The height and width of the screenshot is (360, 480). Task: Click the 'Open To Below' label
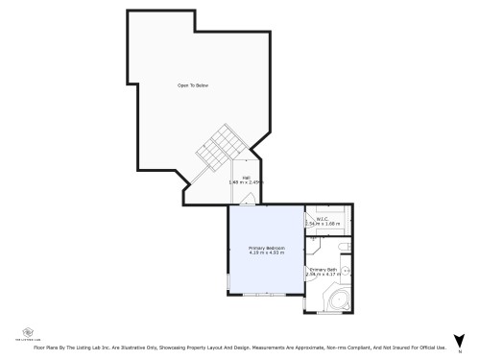[x=192, y=85]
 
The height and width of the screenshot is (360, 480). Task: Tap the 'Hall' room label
[x=246, y=177]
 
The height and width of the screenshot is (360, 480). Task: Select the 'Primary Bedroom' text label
[x=267, y=248]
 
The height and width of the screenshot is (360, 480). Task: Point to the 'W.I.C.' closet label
[x=323, y=219]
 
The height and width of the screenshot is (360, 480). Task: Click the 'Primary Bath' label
[x=323, y=270]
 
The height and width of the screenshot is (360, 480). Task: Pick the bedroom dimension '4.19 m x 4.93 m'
[x=267, y=253]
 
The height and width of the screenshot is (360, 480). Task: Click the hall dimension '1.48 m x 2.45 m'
[x=246, y=181]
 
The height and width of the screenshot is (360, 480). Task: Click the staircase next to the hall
[x=219, y=149]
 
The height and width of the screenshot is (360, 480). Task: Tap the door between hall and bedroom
[x=248, y=200]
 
